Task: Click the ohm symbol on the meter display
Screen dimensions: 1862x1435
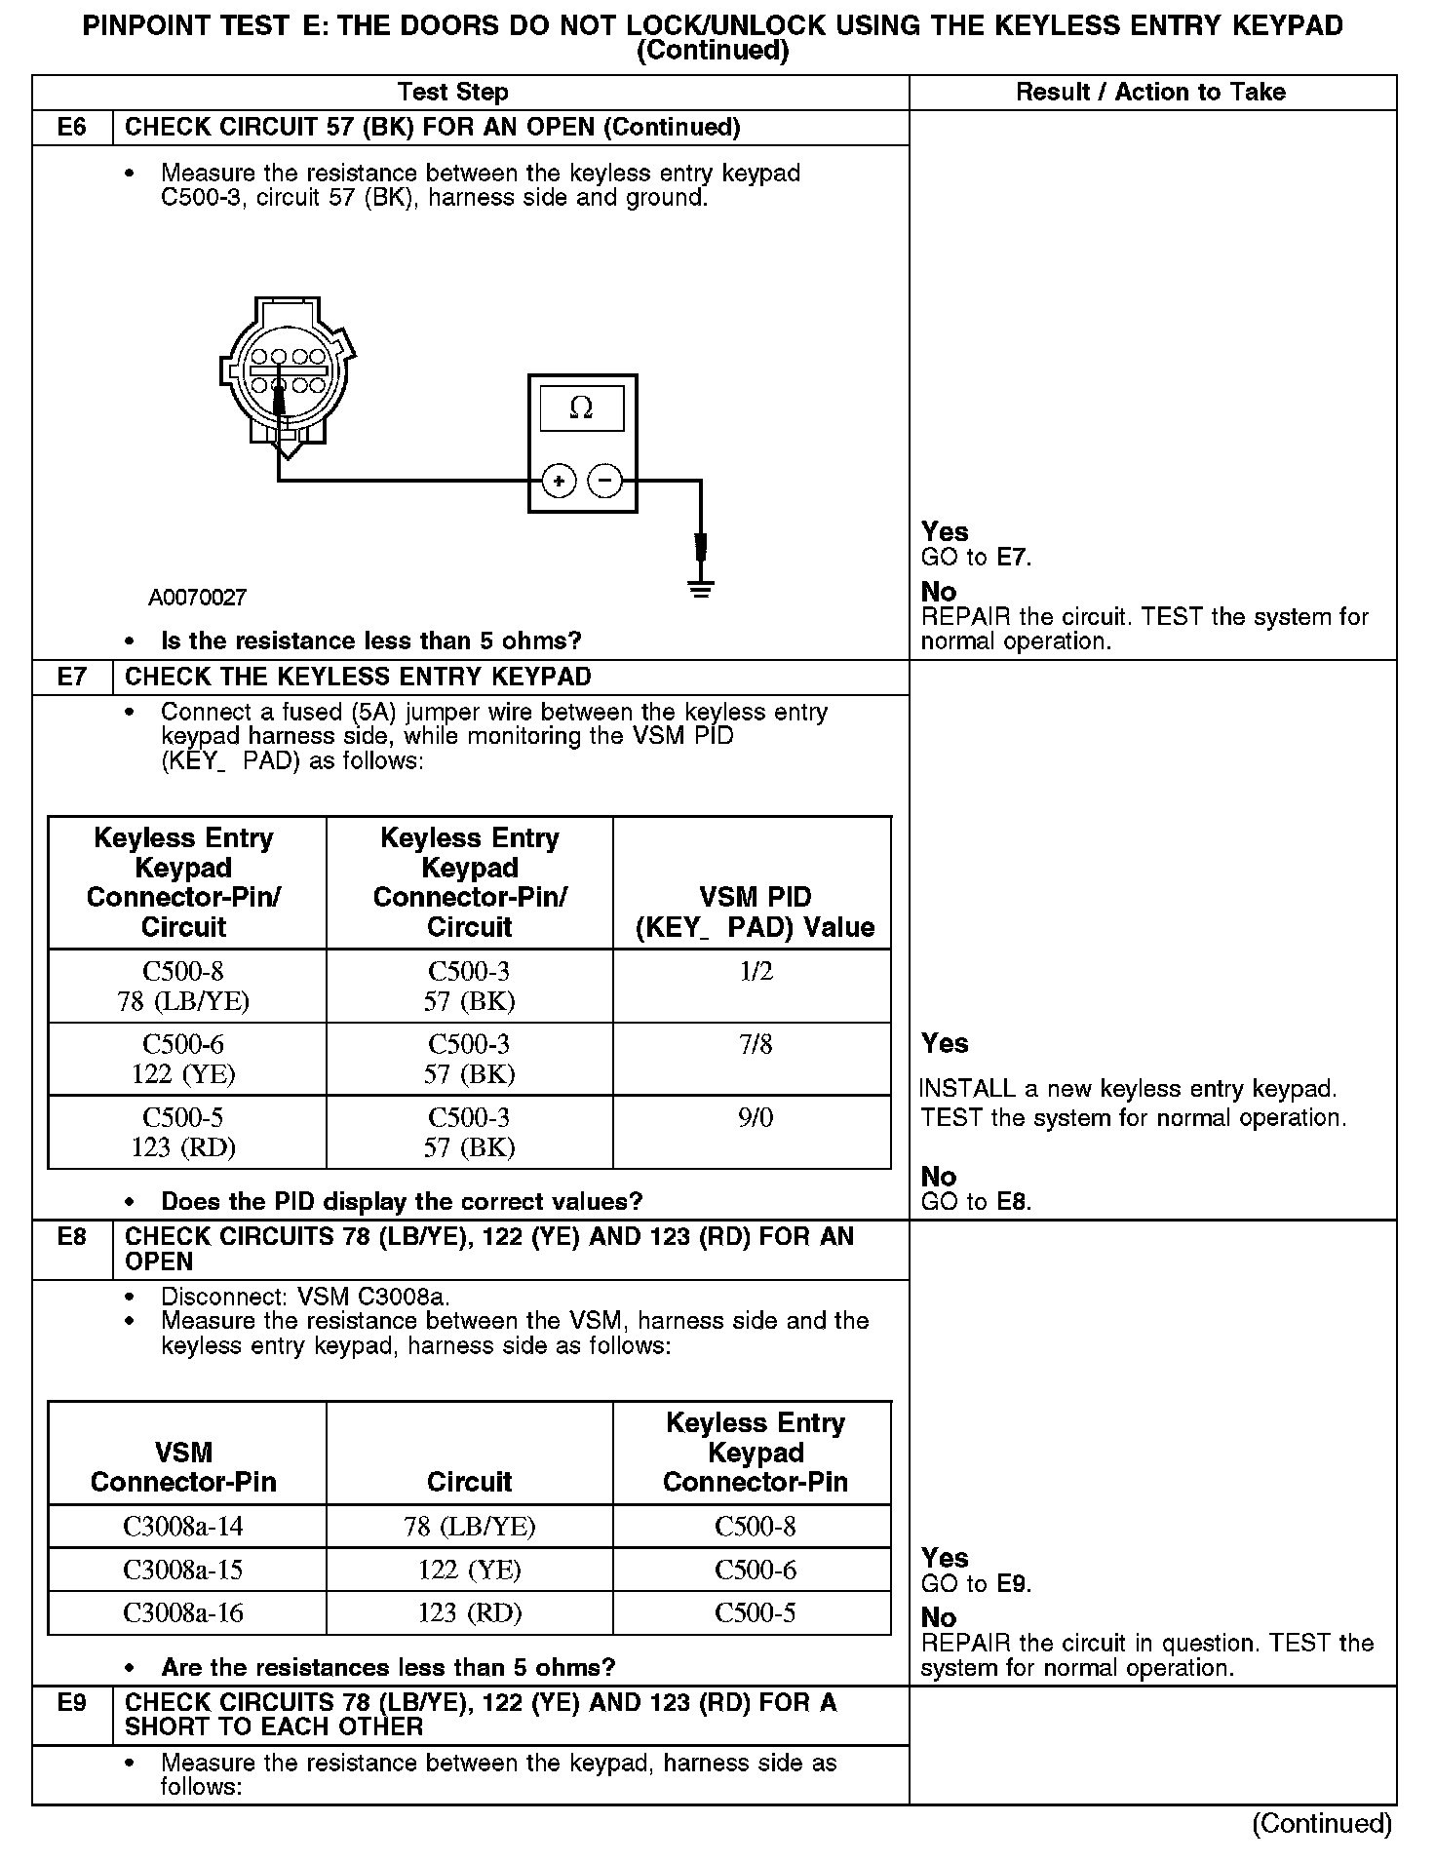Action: [x=581, y=408]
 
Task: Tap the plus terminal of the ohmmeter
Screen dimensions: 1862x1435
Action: [x=559, y=481]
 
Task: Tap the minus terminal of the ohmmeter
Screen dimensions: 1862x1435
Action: [x=605, y=481]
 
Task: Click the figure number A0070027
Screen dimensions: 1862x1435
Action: [x=198, y=598]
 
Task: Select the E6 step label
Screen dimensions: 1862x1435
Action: [x=72, y=128]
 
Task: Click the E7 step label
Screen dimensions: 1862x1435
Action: [x=72, y=678]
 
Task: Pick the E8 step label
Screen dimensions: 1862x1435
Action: [x=72, y=1237]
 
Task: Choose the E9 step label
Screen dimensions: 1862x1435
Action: [x=72, y=1703]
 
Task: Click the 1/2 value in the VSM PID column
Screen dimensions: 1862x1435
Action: [x=756, y=972]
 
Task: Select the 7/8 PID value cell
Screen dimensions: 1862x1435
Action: [x=756, y=1045]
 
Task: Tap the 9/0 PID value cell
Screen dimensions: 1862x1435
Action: [x=756, y=1118]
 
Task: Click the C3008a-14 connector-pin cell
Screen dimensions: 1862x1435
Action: [x=183, y=1527]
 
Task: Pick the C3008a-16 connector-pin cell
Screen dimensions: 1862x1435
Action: [x=183, y=1613]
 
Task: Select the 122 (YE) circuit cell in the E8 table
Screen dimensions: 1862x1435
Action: [x=470, y=1571]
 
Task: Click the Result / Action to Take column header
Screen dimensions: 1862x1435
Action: [x=1150, y=93]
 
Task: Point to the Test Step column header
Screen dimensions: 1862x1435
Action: [x=453, y=93]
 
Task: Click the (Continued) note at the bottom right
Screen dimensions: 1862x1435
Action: [x=1322, y=1823]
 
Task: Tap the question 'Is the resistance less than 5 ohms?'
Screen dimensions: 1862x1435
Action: [x=370, y=641]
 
